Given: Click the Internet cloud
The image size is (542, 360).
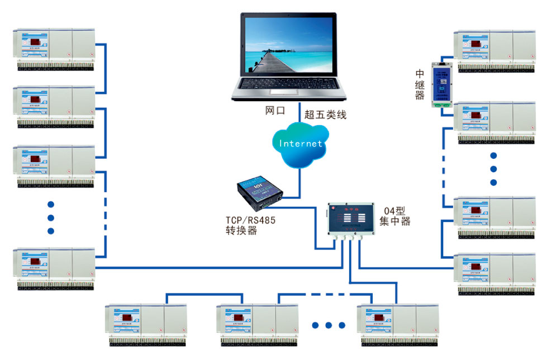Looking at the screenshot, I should point(301,144).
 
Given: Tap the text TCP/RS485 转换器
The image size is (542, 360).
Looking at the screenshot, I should point(250,225).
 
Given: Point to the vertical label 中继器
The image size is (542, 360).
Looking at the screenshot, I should point(420,84).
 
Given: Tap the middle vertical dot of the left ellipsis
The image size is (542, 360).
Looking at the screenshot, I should point(51,217).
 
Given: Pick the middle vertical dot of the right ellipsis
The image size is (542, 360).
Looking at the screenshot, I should point(493,169).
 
